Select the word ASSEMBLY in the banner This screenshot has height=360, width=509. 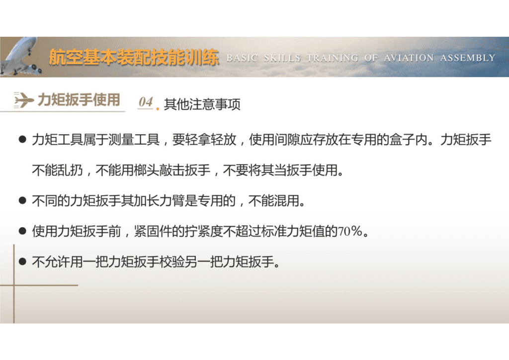(x=468, y=58)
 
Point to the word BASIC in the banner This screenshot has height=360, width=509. (x=242, y=58)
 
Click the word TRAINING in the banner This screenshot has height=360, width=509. (x=332, y=58)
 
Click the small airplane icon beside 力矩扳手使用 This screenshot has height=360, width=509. (x=23, y=100)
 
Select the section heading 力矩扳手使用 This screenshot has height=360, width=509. (x=79, y=100)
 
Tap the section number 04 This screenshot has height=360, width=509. (x=146, y=102)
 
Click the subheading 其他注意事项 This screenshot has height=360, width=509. (x=202, y=105)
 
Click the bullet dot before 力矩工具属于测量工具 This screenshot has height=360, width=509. (x=22, y=140)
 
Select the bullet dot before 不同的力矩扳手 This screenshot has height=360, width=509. (x=22, y=201)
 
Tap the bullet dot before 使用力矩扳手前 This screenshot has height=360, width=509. (x=22, y=232)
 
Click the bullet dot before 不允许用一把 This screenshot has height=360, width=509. (x=22, y=262)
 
